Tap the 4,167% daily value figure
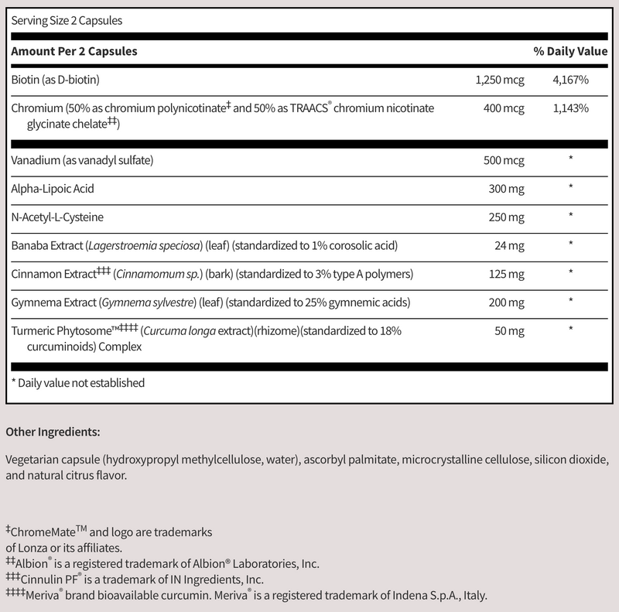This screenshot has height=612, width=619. point(571,80)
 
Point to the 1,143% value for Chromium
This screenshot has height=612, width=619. point(571,108)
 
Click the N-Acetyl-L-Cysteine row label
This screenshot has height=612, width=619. point(57,216)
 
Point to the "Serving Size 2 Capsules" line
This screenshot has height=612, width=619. point(67,21)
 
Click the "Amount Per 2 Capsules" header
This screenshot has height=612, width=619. point(74,51)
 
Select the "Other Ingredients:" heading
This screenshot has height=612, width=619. point(52,431)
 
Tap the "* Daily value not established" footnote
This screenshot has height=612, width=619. point(78,382)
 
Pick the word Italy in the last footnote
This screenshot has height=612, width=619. point(473,596)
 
